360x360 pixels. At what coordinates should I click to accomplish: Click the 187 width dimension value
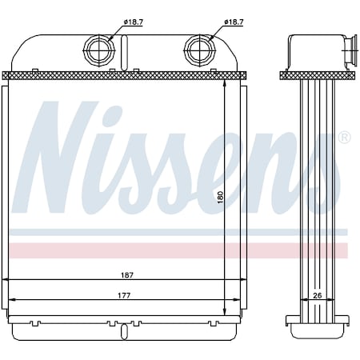[x=127, y=275]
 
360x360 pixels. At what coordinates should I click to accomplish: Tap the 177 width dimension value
[x=124, y=295]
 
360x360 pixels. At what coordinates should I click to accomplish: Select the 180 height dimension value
[x=220, y=197]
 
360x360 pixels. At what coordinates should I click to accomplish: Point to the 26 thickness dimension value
[x=318, y=295]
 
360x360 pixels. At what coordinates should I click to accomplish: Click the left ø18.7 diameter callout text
[x=134, y=22]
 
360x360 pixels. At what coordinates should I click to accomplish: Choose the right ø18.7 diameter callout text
[x=234, y=22]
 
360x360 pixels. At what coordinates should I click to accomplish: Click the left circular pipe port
[x=99, y=50]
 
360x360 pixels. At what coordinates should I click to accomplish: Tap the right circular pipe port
[x=200, y=50]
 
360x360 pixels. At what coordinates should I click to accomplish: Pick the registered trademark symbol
[x=344, y=138]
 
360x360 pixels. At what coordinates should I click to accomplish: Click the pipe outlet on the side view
[x=350, y=50]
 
